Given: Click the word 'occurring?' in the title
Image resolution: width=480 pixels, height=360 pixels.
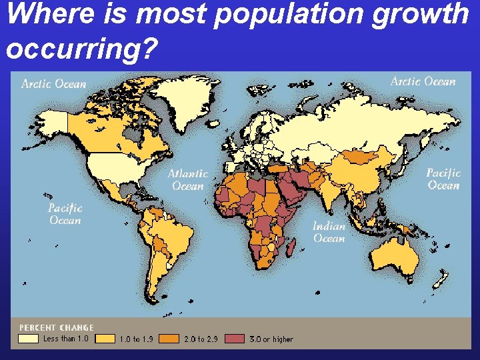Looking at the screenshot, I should tap(79, 47).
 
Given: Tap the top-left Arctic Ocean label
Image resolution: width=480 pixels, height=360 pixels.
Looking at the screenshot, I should tap(54, 84).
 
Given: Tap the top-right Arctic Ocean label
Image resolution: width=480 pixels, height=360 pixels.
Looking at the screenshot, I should tap(423, 81).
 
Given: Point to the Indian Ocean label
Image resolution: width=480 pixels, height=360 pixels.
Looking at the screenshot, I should tap(329, 232).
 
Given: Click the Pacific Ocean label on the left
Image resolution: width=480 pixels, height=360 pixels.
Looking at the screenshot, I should tap(65, 214).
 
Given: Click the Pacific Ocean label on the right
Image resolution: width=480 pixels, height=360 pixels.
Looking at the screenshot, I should tap(443, 179).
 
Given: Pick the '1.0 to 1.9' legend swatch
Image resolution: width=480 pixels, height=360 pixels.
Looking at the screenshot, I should tap(105, 339).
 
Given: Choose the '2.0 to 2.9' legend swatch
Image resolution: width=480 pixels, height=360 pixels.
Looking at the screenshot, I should tap(170, 339).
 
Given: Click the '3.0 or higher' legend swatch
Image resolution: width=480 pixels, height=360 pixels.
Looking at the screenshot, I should tap(235, 339).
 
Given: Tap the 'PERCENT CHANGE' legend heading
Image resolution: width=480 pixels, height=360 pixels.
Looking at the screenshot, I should tap(57, 327).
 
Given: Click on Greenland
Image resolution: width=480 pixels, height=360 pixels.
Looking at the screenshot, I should tap(193, 100).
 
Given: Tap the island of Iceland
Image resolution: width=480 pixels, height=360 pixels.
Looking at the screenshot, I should tap(219, 123).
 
